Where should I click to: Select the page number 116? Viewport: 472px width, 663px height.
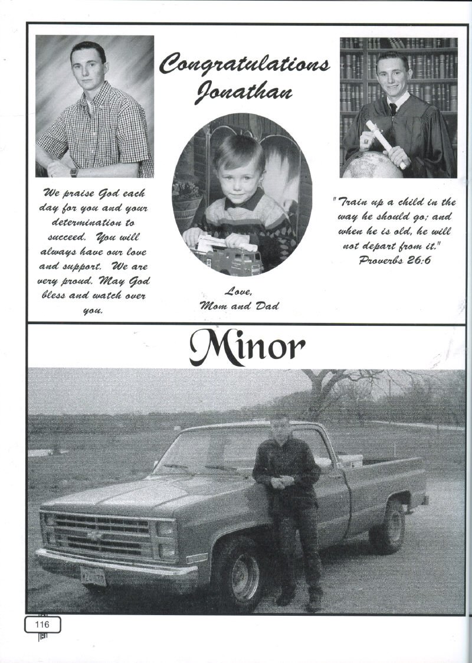[x=42, y=624]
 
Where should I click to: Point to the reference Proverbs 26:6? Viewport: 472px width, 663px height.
[x=394, y=260]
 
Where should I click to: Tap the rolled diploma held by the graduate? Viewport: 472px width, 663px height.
[x=386, y=143]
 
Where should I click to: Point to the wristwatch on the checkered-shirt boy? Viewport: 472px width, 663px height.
[x=74, y=172]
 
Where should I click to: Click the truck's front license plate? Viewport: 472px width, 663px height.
[x=93, y=575]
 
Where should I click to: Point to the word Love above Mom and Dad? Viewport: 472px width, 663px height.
[x=239, y=291]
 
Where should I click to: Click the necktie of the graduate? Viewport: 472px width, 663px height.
[x=392, y=109]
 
